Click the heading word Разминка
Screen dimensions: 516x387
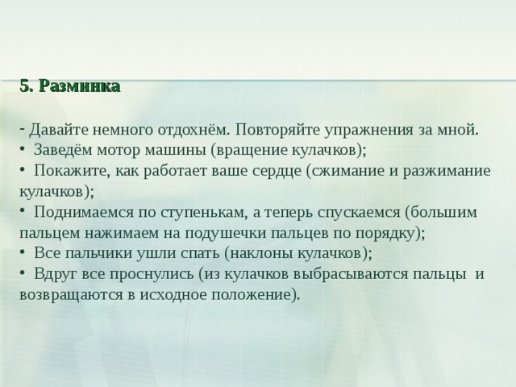point(80,86)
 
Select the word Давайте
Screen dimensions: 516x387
point(59,130)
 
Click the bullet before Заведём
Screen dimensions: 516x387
point(22,150)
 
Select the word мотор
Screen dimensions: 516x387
point(119,151)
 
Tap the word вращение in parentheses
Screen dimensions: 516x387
point(251,151)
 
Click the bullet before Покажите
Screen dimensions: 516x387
point(22,170)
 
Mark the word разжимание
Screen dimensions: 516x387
point(447,172)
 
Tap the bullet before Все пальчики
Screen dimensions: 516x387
point(22,252)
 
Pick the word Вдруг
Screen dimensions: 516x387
point(56,274)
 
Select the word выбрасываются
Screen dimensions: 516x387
point(350,274)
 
